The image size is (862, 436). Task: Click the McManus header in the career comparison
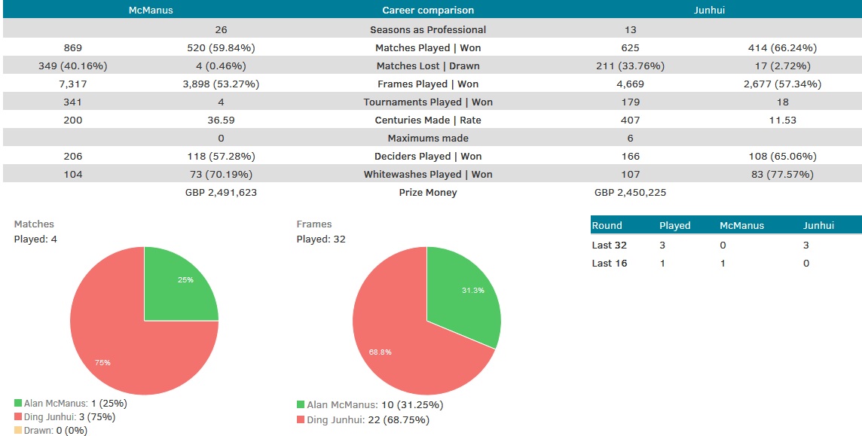(x=151, y=11)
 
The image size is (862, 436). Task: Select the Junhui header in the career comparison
(x=710, y=11)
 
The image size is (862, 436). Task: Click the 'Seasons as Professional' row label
(x=428, y=29)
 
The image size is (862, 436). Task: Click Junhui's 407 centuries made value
(x=630, y=120)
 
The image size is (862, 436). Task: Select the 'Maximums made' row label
(x=428, y=138)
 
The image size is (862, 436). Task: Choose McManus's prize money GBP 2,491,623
(x=221, y=192)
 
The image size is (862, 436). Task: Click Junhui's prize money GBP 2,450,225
(x=630, y=192)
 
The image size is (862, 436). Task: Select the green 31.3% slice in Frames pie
(x=467, y=294)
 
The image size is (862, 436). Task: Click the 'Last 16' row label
(x=609, y=264)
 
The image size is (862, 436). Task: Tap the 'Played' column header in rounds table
(x=674, y=225)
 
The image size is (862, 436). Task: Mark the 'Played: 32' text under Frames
(x=321, y=239)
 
